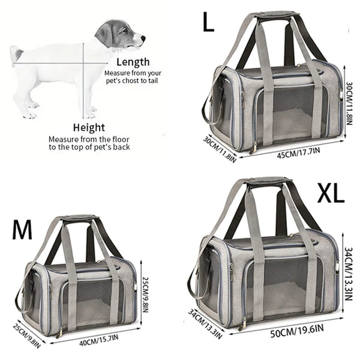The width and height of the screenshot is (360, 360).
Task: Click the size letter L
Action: pos(208,23)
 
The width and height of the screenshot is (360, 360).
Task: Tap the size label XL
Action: pos(330,194)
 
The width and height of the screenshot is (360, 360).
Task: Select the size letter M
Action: pos(22,230)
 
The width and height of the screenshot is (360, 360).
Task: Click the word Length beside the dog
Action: pos(133,62)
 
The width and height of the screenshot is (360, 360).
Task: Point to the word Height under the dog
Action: pos(89,127)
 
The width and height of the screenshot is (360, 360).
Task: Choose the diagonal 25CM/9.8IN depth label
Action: pos(28,334)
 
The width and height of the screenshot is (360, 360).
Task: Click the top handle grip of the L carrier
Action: pos(277,14)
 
